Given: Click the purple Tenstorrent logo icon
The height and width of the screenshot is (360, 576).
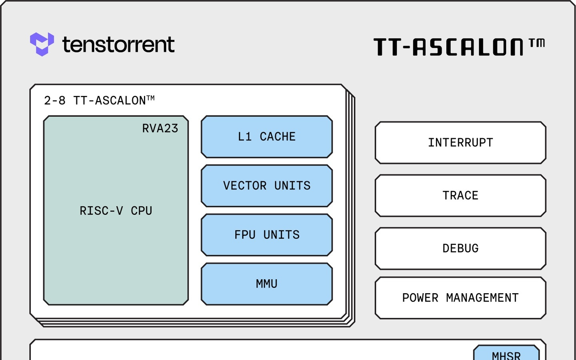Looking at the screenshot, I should pyautogui.click(x=42, y=44).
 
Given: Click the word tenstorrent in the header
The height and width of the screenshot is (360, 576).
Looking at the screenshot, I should pyautogui.click(x=118, y=44).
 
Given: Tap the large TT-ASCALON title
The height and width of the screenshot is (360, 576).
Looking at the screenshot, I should pyautogui.click(x=448, y=47).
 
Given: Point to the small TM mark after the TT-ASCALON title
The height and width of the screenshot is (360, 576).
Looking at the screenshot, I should pyautogui.click(x=537, y=43).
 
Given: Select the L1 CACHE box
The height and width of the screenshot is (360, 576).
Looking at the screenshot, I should pyautogui.click(x=267, y=137).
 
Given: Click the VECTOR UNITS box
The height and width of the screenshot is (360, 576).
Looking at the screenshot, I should pyautogui.click(x=267, y=186).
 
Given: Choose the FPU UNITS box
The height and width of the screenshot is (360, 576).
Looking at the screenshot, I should pyautogui.click(x=267, y=235).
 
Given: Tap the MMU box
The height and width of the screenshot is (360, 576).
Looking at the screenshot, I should pyautogui.click(x=267, y=284).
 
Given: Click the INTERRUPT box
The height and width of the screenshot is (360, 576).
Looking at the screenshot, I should pyautogui.click(x=460, y=143).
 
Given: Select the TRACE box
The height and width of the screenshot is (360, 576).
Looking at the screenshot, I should pyautogui.click(x=460, y=196).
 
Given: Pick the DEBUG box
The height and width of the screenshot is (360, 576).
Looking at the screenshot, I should pyautogui.click(x=460, y=248).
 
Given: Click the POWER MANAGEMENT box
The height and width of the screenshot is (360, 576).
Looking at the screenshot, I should pyautogui.click(x=460, y=298).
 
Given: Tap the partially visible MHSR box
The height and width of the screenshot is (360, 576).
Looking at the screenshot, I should pyautogui.click(x=506, y=354).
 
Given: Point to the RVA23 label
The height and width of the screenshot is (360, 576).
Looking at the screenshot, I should pyautogui.click(x=160, y=128).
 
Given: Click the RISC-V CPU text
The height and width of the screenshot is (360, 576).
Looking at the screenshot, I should pyautogui.click(x=116, y=211).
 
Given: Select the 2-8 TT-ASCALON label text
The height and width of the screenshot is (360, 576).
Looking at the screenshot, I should pyautogui.click(x=99, y=100).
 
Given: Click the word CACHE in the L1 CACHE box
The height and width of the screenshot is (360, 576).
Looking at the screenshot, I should pyautogui.click(x=278, y=137).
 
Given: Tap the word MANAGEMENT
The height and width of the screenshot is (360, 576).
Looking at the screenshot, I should pyautogui.click(x=482, y=298).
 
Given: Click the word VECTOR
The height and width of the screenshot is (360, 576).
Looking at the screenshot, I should pyautogui.click(x=245, y=186).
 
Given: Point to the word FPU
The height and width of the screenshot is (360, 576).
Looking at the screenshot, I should pyautogui.click(x=245, y=235).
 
